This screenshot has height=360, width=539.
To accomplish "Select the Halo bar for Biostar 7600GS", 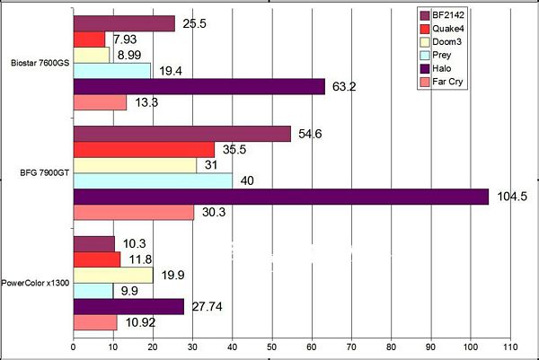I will tap(199, 87).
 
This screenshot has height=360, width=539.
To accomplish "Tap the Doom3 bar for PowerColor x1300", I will tap(112, 275).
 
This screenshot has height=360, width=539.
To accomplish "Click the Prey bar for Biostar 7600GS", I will tap(111, 71).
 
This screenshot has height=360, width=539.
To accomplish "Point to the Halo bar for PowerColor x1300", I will tap(128, 307).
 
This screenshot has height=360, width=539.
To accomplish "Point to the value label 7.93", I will tap(123, 40).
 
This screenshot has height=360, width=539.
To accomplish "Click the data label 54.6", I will tap(312, 133).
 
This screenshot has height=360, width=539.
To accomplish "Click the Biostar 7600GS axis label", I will tap(38, 64).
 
